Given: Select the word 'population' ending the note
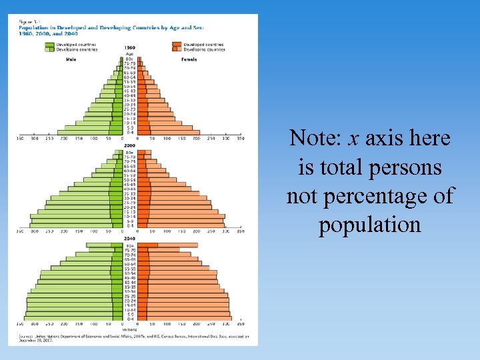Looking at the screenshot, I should click(x=370, y=225).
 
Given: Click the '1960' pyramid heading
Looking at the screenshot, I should click(x=130, y=48).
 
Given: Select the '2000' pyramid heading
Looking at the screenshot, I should click(x=130, y=145).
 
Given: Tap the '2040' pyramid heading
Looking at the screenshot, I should click(x=130, y=238).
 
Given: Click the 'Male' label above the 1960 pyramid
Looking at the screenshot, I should click(x=71, y=59).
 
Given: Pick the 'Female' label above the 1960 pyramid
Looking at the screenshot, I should click(x=189, y=59).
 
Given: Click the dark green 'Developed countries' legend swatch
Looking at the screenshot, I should click(x=49, y=45).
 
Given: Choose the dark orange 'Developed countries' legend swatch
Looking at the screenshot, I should click(x=175, y=45).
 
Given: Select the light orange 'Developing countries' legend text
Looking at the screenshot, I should click(x=204, y=49).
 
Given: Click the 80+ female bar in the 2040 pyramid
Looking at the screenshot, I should click(x=177, y=245).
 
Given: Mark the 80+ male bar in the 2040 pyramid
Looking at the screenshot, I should click(x=100, y=245).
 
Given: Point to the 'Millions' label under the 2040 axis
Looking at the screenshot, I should click(x=130, y=329).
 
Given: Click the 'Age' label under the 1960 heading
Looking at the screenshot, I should click(x=130, y=53).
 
